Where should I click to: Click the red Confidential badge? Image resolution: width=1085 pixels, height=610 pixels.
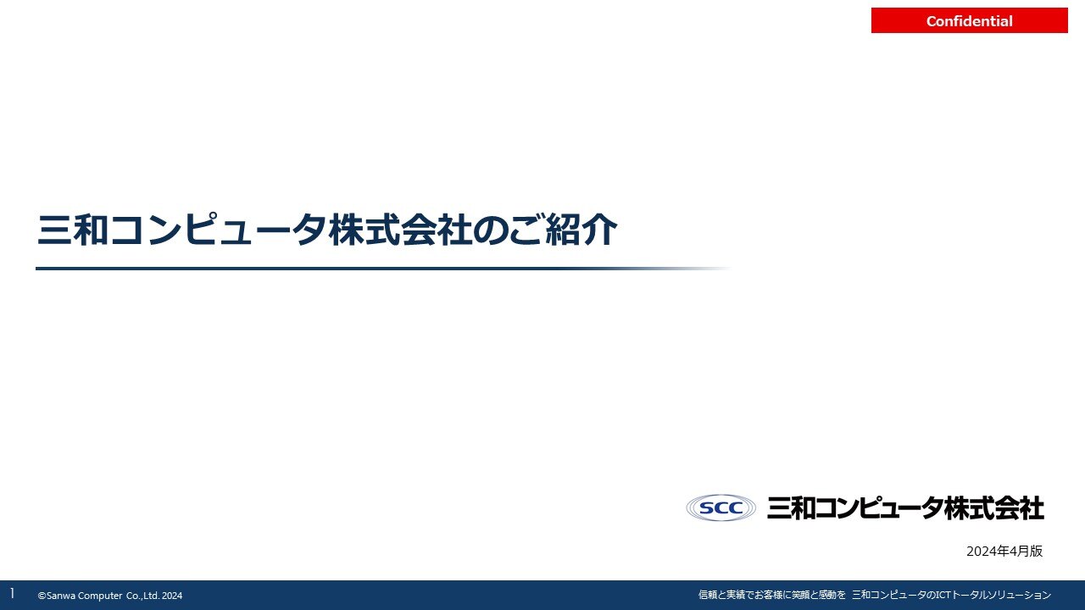click(969, 20)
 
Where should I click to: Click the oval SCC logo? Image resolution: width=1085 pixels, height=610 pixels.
click(721, 507)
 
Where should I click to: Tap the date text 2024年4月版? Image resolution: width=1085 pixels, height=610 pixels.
click(1004, 551)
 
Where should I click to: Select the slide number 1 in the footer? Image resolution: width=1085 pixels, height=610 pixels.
click(12, 594)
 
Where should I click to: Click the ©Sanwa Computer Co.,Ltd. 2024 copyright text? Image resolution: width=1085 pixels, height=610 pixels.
click(110, 596)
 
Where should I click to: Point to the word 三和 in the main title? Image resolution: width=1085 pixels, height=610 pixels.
click(73, 230)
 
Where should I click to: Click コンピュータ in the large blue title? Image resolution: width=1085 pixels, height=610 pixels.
click(218, 230)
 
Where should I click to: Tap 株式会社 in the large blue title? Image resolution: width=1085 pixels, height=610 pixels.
click(400, 230)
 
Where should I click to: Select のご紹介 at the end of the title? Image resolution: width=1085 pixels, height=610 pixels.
click(545, 230)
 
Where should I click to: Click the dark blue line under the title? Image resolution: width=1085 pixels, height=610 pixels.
click(382, 269)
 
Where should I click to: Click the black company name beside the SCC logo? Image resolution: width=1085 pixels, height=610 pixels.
click(905, 507)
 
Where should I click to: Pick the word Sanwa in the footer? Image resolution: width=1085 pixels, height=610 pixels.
click(60, 596)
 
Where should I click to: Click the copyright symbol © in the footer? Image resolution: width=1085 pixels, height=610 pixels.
click(42, 596)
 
